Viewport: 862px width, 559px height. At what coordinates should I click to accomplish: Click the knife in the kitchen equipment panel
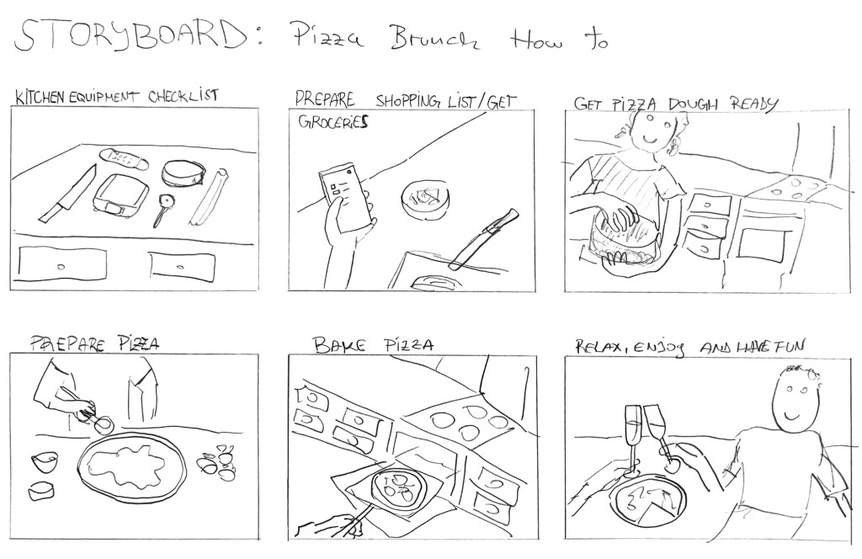tap(67, 194)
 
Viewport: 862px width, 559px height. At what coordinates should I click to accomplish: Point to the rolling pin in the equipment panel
tap(210, 196)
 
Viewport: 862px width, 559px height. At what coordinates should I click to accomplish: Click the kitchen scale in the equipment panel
tap(121, 195)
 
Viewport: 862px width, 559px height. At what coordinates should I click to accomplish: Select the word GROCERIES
tap(333, 121)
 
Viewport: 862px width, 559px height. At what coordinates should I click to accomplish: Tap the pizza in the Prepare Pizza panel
tap(132, 464)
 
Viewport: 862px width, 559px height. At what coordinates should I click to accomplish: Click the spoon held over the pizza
tap(88, 412)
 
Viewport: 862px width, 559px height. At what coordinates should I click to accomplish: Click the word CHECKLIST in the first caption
tap(183, 96)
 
